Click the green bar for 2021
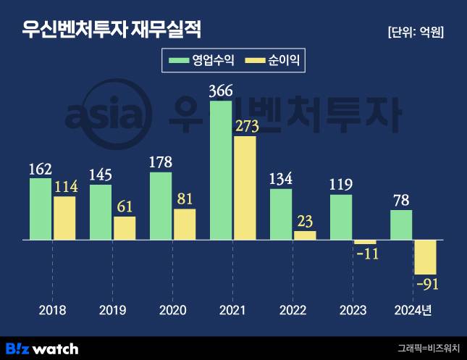pos(221,170)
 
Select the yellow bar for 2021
pos(245,188)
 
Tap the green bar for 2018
pos(41,209)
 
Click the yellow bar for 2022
pos(305,235)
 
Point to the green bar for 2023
pos(341,217)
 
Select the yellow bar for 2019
pos(125,227)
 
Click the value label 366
pos(220,92)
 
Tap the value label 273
pos(246,127)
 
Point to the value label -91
pos(426,283)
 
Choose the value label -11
pos(366,254)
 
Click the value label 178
pos(160,162)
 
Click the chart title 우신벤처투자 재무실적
pos(111,30)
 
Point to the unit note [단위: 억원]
pos(416,32)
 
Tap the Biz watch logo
pos(42,348)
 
